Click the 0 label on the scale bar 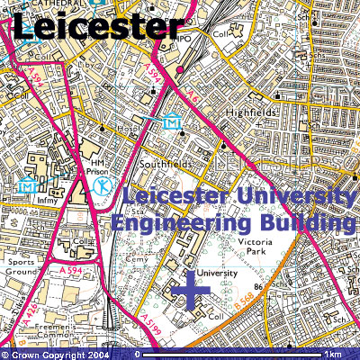137,354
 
